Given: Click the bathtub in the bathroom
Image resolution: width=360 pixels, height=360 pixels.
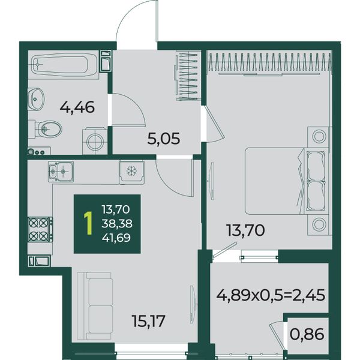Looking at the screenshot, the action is pos(64,65).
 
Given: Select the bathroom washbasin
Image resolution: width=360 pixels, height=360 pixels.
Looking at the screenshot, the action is pos(36,99).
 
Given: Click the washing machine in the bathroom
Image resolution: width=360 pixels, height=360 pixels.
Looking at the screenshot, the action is pos(95,141).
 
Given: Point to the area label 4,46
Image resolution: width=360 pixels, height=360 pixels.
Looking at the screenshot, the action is pos(77,107).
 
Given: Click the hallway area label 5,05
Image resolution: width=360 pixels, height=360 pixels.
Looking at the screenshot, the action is pos(163,139).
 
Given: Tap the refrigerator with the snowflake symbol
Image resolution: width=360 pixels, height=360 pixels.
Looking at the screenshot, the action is pos(132,172).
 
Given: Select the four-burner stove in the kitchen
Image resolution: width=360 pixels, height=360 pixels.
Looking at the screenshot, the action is pos(40,230).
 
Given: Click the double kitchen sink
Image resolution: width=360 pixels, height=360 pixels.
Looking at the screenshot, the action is pos(61,172).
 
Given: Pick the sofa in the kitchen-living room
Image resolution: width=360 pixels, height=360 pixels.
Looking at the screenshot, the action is pos(94,306).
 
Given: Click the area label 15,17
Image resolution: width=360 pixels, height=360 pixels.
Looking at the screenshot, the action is pos(149,321).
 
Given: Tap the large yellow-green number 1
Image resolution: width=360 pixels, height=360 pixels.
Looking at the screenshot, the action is pos(88,223).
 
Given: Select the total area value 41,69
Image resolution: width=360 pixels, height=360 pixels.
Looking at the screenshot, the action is pos(116,238).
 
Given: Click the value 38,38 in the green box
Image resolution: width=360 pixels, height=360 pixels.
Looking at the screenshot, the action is pos(117,223).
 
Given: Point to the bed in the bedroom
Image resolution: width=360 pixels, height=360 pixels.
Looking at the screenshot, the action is pos(286,181).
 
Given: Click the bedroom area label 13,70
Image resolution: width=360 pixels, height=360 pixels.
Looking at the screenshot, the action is pos(245,230).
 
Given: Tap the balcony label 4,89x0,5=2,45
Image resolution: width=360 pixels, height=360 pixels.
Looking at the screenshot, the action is pos(271,295).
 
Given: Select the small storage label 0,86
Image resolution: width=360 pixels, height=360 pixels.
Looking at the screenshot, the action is pos(307,334).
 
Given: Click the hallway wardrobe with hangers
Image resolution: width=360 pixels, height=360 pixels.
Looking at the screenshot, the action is pos(187,76).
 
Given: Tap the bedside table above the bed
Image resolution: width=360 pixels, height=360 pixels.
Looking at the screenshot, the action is pos(319,137).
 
